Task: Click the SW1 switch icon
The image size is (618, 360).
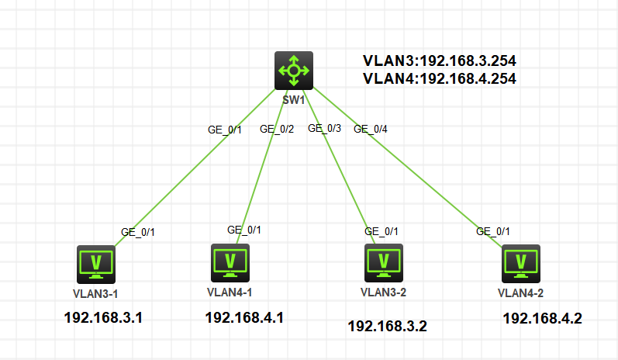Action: [x=294, y=70]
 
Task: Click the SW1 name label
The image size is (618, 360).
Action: [x=294, y=101]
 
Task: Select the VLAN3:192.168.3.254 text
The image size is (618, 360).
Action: [x=440, y=61]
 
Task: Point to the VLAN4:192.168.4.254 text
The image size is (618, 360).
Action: [x=440, y=78]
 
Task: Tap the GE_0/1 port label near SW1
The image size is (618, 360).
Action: [x=225, y=130]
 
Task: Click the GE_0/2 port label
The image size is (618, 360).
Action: [x=277, y=130]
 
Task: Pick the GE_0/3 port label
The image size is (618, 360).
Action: [x=324, y=129]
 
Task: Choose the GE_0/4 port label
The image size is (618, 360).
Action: [x=371, y=130]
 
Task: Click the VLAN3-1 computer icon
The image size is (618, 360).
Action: [x=96, y=265]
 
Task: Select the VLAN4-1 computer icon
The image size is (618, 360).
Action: [x=230, y=262]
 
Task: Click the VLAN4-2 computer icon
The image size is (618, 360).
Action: [x=521, y=263]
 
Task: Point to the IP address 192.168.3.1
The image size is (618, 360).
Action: [x=103, y=317]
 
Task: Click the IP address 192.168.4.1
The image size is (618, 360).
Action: [x=244, y=317]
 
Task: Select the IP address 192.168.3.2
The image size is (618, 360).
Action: [x=388, y=326]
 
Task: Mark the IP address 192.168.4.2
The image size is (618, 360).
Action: [x=542, y=318]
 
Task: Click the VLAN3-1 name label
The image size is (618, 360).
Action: [x=95, y=294]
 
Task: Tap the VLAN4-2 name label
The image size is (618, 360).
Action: [x=520, y=292]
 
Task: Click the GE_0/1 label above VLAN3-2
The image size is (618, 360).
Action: [x=382, y=231]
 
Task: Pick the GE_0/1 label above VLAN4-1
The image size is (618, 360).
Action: [x=244, y=230]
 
